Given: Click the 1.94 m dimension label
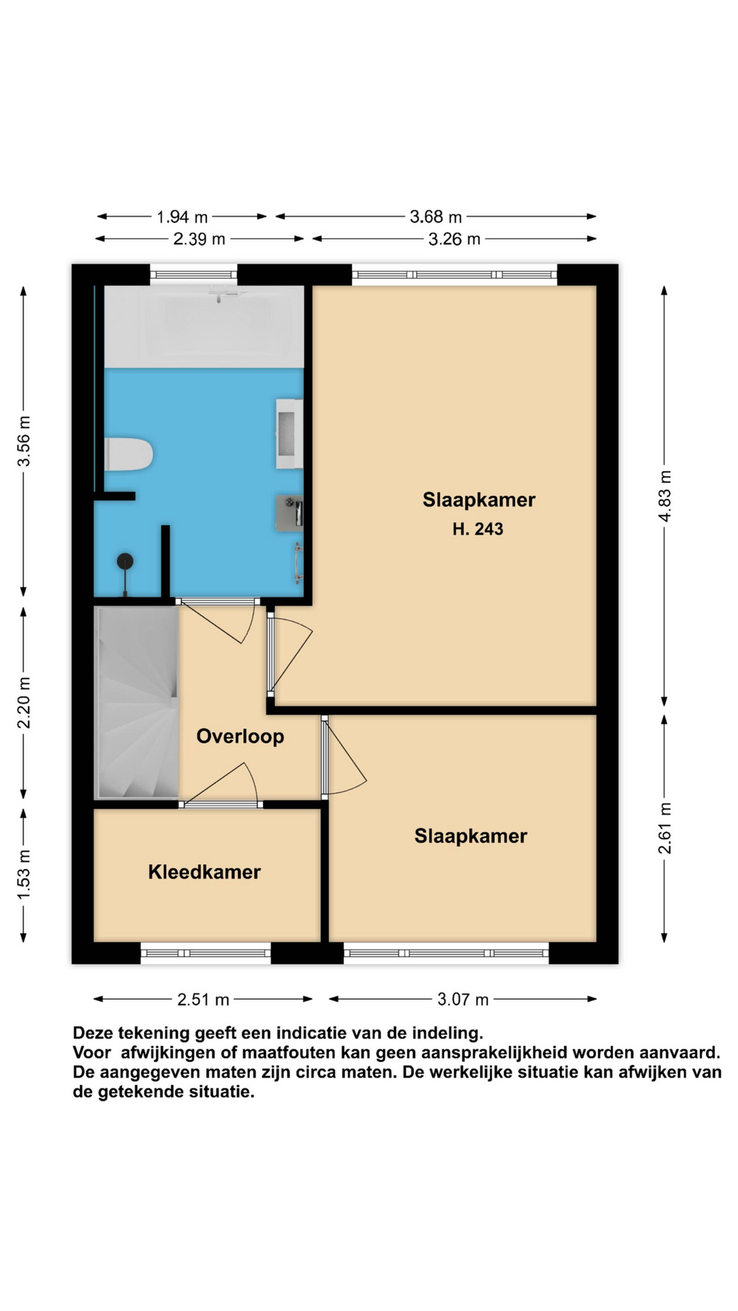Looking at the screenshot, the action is tap(182, 217).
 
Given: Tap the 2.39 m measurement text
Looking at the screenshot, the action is tap(199, 239).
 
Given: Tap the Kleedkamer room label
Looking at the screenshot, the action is tap(204, 872).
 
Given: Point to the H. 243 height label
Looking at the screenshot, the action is tap(478, 529).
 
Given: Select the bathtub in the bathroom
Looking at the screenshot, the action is tap(204, 326).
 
